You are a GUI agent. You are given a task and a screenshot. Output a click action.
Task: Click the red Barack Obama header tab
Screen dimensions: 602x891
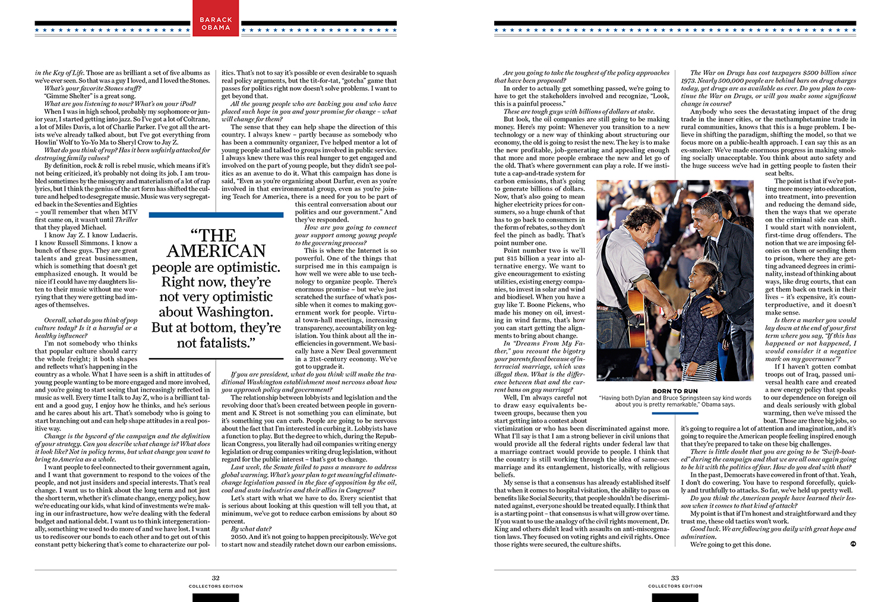[216, 23]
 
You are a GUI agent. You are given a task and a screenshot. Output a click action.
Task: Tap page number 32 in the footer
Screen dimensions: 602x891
[216, 578]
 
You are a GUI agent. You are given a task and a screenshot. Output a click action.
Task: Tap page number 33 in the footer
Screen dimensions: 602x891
[675, 578]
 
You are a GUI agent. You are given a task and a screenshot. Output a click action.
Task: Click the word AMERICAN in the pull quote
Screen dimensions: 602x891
[216, 251]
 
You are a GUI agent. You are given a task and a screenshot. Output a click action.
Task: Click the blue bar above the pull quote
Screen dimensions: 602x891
[216, 215]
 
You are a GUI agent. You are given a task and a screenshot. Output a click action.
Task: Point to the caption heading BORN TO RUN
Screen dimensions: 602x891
[675, 391]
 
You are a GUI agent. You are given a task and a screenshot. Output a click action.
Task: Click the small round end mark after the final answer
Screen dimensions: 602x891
[852, 543]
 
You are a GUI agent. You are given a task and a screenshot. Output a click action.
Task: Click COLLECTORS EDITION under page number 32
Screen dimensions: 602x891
[216, 586]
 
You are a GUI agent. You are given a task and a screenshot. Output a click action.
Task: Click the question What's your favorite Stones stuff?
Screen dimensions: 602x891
[92, 88]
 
